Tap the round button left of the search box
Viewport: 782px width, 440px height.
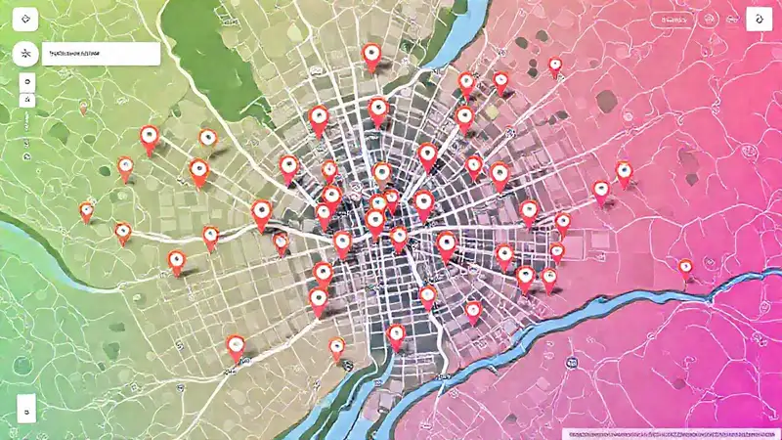(x=23, y=55)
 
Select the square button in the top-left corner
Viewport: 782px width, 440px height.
(x=24, y=19)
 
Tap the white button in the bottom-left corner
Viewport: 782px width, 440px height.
(x=25, y=404)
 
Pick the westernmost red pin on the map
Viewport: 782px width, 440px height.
(x=87, y=209)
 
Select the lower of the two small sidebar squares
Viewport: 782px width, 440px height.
(x=23, y=99)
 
